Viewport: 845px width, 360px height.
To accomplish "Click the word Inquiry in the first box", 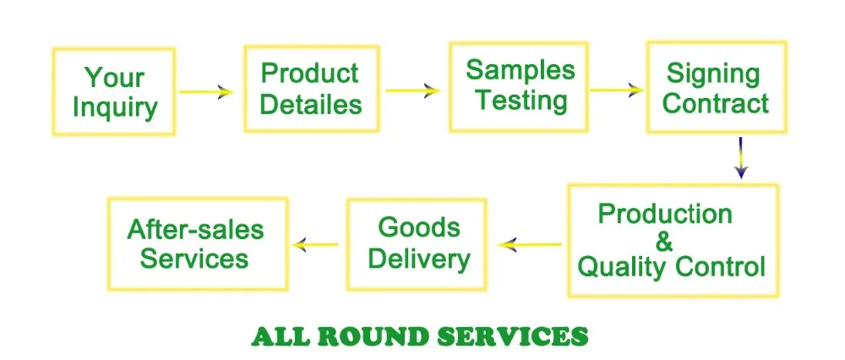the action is [x=115, y=108].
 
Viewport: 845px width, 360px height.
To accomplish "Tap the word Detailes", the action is [x=311, y=104].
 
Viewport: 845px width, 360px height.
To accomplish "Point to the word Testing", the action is [x=520, y=101].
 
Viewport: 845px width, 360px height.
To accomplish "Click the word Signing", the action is [x=713, y=74].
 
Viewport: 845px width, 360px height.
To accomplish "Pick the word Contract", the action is [x=716, y=104].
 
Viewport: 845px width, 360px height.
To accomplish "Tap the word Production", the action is [x=665, y=214].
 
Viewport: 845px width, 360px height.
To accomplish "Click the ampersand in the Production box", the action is [x=665, y=241].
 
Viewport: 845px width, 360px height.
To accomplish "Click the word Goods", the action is [x=419, y=227].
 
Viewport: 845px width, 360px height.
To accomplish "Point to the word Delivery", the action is [x=419, y=258].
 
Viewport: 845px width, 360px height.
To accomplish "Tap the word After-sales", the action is [x=195, y=229].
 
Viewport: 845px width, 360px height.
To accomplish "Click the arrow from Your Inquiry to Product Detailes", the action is [x=207, y=92].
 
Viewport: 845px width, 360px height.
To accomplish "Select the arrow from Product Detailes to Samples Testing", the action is [x=413, y=90].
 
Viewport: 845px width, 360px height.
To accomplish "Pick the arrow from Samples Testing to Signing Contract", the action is [x=616, y=90].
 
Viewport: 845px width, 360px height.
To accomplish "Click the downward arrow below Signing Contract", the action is [x=740, y=158].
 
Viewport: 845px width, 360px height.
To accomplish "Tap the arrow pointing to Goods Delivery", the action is [x=530, y=245].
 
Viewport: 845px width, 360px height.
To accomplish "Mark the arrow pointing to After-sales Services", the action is [x=316, y=245].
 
